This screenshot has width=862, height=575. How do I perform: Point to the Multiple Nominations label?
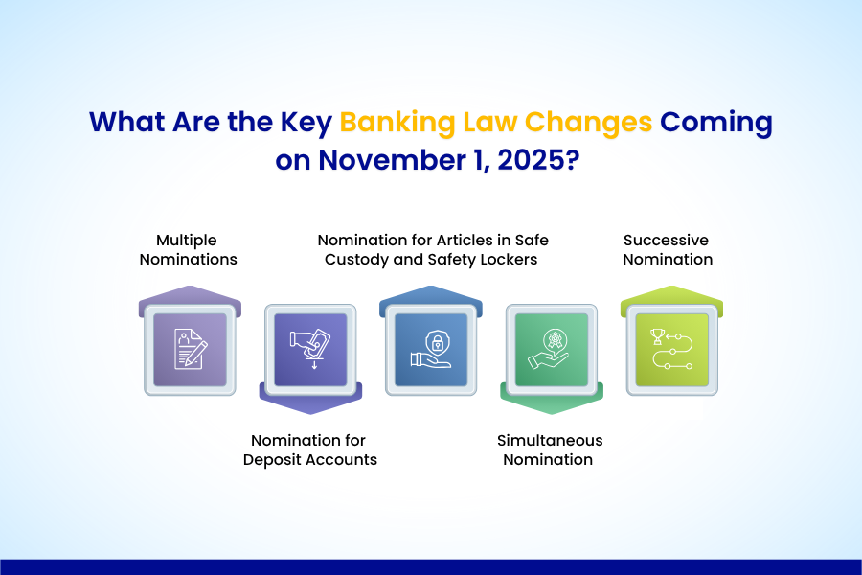click(x=189, y=249)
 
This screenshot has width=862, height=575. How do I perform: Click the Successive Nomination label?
click(x=668, y=249)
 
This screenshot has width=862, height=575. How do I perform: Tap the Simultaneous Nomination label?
click(x=550, y=449)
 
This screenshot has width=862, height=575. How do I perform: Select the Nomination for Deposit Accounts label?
click(x=309, y=449)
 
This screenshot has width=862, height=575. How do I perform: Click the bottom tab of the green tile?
click(x=551, y=401)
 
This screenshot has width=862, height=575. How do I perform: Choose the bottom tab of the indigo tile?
click(x=309, y=401)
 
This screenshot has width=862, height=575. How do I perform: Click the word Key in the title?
click(x=304, y=124)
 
